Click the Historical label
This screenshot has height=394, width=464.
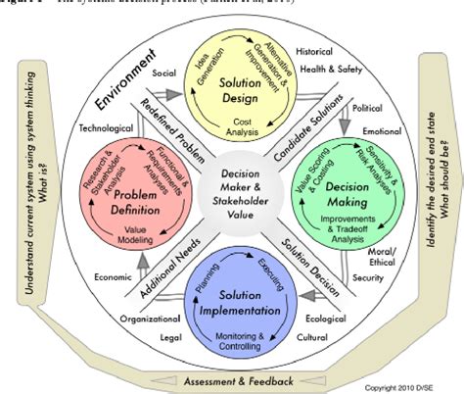[315, 50]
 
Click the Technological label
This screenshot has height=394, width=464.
[106, 127]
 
